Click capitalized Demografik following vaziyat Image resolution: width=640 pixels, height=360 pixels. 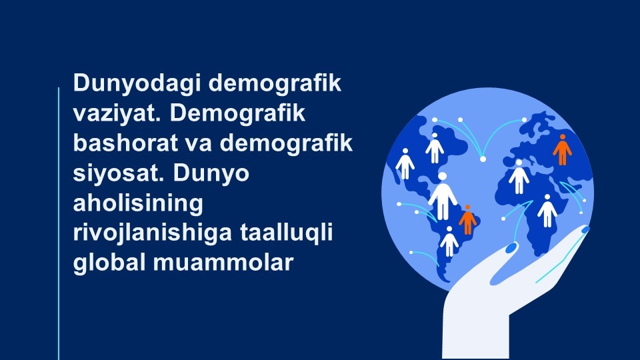tap(237, 114)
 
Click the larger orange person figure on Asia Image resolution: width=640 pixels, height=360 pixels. tap(562, 150)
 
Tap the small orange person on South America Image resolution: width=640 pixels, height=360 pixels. tap(468, 219)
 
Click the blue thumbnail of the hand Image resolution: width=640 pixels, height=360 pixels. tap(511, 248)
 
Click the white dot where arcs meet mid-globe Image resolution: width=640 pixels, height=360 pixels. tap(483, 159)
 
